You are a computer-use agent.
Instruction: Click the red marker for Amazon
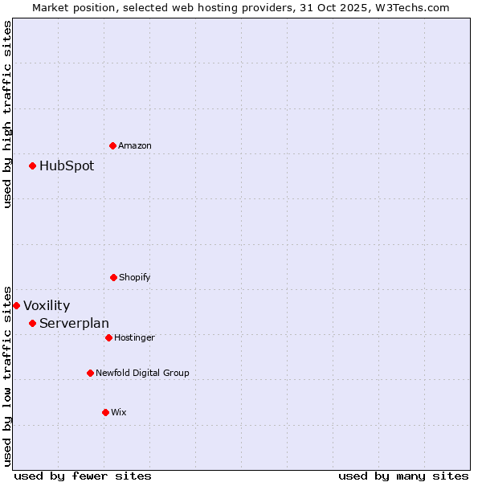coord(112,145)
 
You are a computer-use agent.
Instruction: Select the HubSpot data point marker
coord(32,165)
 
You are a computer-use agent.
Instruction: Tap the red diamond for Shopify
coord(113,277)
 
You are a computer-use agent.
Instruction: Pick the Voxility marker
coord(16,305)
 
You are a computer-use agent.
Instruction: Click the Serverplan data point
coord(32,323)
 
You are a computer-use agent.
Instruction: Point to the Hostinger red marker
coord(108,337)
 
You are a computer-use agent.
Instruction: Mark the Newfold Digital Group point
coord(90,373)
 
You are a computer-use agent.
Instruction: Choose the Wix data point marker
coord(105,412)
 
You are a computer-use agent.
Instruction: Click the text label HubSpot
coord(67,166)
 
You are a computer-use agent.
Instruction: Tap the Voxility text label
coord(47,306)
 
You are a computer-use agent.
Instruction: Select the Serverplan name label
coord(74,324)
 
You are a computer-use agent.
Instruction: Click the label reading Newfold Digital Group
coord(142,373)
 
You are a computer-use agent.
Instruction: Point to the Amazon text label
coord(135,145)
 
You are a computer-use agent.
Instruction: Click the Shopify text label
coord(135,277)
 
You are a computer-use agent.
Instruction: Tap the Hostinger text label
coord(134,337)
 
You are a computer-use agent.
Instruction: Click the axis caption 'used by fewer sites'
coord(83,476)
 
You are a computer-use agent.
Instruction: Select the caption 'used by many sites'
coord(403,476)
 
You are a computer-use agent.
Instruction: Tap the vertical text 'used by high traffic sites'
coord(7,114)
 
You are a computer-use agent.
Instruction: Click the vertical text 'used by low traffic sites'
coord(7,375)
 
